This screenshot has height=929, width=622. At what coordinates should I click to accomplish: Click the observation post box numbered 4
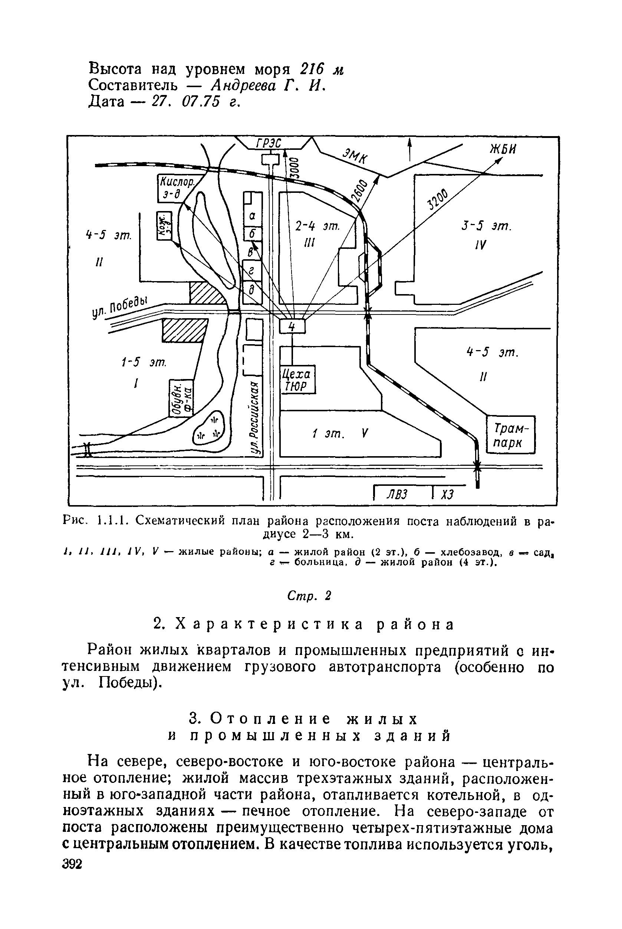click(292, 326)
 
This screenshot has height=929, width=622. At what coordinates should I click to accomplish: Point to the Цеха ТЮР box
click(297, 380)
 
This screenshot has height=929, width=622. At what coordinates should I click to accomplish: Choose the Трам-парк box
click(510, 434)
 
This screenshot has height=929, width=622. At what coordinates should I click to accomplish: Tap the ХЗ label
click(447, 495)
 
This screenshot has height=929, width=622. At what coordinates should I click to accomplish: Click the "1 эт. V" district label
click(340, 434)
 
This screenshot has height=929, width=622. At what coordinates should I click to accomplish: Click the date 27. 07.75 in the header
click(185, 102)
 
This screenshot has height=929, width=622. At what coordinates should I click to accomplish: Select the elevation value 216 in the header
click(313, 69)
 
